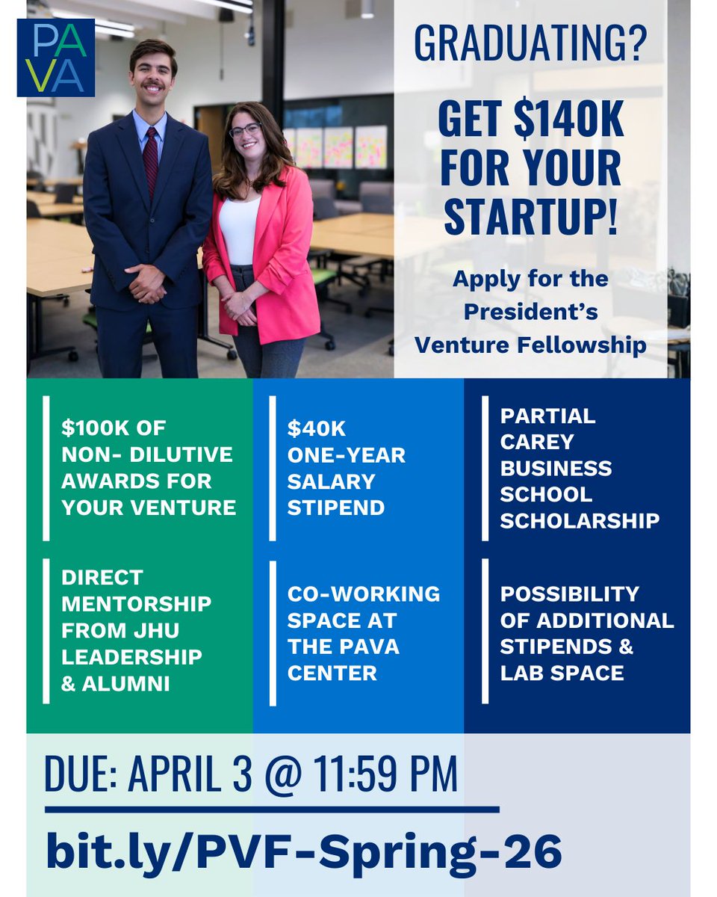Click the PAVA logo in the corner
56,58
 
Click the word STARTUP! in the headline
530,217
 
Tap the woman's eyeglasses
246,129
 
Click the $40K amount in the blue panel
317,429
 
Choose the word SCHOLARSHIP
580,520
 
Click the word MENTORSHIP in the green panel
137,603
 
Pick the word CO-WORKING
364,594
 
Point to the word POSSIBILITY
570,594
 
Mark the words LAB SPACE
562,673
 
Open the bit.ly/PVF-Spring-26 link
303,851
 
